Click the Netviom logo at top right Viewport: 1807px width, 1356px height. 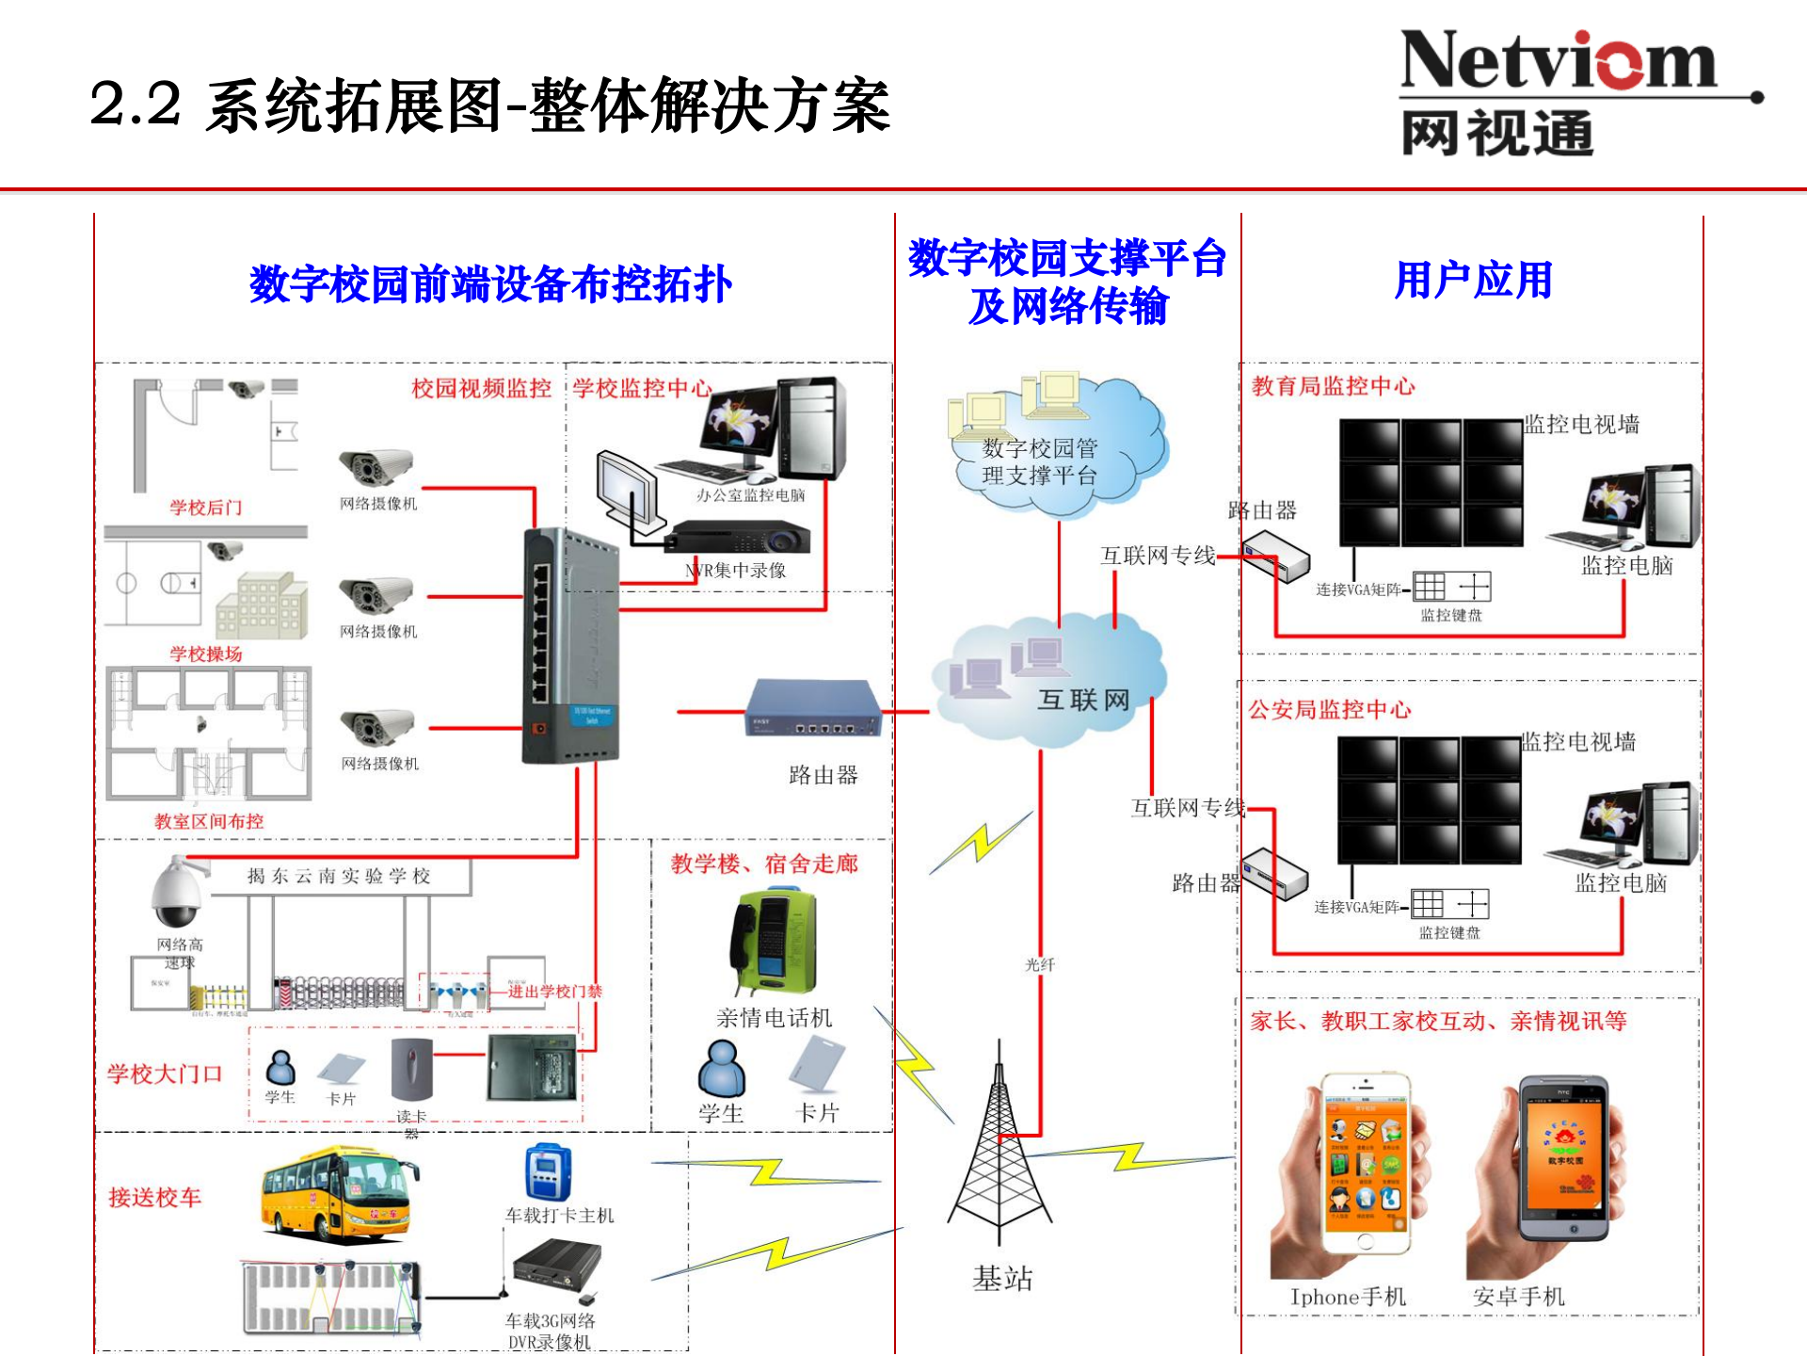point(1562,92)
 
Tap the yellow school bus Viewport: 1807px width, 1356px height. point(339,1191)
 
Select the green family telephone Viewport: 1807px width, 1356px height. point(774,942)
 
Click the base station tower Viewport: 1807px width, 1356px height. point(999,1149)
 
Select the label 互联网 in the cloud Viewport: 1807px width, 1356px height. point(1083,700)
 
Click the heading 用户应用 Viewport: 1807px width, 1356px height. point(1473,281)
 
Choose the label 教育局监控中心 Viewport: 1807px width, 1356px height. point(1333,386)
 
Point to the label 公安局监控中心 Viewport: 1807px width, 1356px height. point(1329,709)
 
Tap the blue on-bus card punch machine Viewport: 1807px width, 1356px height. point(549,1173)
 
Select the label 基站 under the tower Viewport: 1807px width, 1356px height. point(1002,1278)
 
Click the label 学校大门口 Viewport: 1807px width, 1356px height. point(165,1073)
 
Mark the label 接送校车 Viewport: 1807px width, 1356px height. point(155,1198)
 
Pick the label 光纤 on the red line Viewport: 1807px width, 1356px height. point(1040,964)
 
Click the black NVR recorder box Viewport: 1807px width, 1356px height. point(736,539)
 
